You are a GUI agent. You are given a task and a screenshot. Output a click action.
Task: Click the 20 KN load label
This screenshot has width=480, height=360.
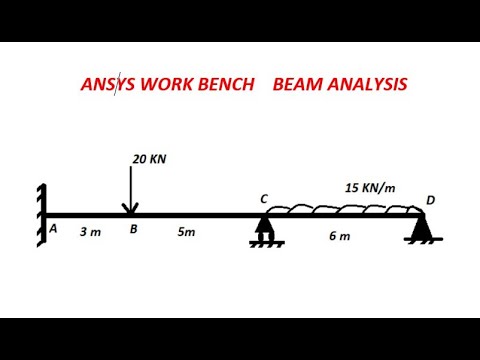tap(149, 158)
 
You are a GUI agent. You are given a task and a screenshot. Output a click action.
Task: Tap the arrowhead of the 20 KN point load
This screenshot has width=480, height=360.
tap(130, 208)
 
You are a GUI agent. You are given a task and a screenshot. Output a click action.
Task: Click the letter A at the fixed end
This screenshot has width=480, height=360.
tap(53, 229)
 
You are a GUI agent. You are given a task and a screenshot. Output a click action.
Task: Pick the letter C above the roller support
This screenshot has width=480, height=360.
tap(264, 199)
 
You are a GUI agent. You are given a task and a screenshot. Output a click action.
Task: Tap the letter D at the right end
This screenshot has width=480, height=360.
tap(430, 200)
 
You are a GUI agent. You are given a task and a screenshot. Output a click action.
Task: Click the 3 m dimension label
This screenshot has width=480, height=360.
tap(90, 232)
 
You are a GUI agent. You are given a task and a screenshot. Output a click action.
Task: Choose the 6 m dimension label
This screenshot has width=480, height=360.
tap(341, 236)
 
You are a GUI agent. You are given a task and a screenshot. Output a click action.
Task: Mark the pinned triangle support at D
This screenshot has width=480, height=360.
tap(420, 229)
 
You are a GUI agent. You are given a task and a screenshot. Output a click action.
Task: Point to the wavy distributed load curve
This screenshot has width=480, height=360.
tap(340, 208)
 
